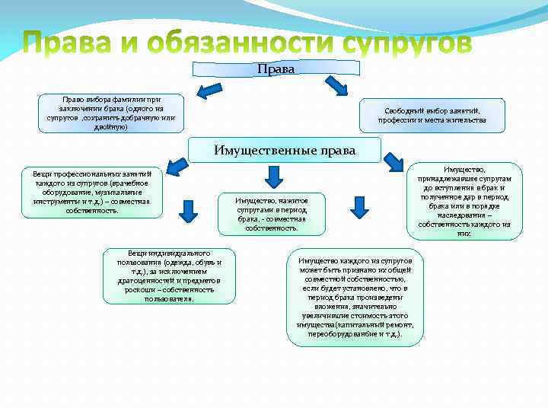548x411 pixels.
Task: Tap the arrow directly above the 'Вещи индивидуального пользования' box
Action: (x=183, y=208)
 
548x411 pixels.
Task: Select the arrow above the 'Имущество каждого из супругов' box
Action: (x=358, y=206)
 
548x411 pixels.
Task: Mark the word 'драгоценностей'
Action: (x=137, y=281)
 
